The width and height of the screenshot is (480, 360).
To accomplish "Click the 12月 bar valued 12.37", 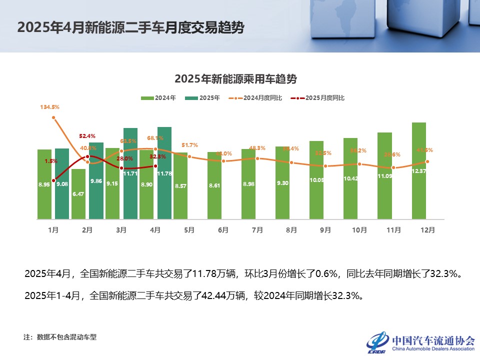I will (419, 170).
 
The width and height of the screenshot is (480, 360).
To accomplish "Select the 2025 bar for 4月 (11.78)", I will (164, 173).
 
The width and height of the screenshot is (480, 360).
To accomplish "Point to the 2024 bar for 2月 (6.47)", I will (78, 194).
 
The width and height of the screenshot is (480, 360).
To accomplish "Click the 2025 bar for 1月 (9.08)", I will (62, 183).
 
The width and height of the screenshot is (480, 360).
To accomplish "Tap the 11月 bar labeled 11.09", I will (384, 175).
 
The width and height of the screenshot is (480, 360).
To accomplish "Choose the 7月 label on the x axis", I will (257, 230).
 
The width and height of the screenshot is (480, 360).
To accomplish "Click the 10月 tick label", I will (359, 230).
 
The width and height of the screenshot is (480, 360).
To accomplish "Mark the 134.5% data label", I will (50, 107).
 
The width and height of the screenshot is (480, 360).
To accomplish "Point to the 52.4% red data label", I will (87, 136).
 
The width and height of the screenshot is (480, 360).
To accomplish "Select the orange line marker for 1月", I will (53, 117).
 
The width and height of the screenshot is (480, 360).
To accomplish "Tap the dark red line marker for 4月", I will (155, 166).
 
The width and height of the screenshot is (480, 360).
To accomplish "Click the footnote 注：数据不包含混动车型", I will (60, 337).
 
